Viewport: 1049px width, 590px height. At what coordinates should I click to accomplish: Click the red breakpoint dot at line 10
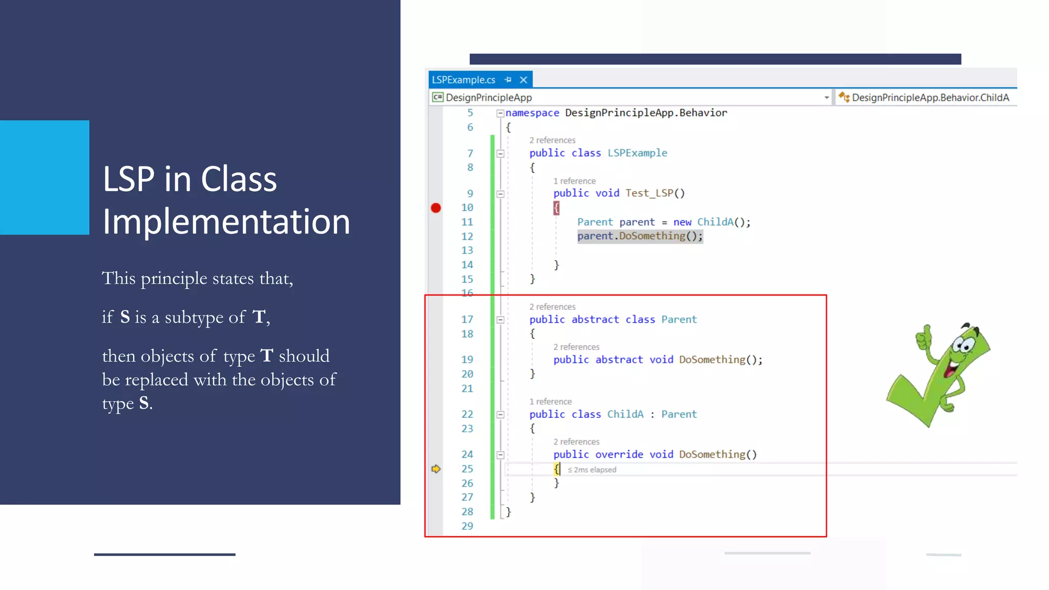[435, 208]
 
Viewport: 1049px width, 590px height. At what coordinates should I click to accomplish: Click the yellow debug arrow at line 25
[436, 469]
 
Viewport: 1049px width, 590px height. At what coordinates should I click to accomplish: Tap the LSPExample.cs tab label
[463, 80]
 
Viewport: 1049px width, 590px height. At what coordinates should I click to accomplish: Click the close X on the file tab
[523, 80]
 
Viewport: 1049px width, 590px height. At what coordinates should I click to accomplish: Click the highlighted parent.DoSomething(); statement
[640, 236]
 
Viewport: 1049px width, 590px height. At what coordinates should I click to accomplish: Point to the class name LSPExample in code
[637, 153]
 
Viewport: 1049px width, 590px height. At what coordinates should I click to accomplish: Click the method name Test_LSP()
[654, 193]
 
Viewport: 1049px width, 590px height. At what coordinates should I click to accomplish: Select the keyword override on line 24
[619, 454]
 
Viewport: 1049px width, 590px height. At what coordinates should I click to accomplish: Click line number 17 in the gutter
[467, 320]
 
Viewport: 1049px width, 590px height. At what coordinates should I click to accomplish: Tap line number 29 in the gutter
[467, 526]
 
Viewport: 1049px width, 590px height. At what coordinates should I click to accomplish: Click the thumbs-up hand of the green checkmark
[925, 339]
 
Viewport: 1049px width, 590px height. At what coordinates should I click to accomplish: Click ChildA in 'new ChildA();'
[715, 222]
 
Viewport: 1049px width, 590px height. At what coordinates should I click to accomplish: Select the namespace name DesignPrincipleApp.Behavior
[645, 113]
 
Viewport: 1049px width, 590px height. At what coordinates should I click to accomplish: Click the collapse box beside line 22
[500, 414]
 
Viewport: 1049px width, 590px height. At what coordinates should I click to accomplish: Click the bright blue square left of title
[45, 177]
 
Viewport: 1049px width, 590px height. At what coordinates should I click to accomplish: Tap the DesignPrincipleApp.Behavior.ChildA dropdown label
[930, 97]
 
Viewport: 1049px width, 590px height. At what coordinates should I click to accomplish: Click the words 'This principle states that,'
[197, 279]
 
